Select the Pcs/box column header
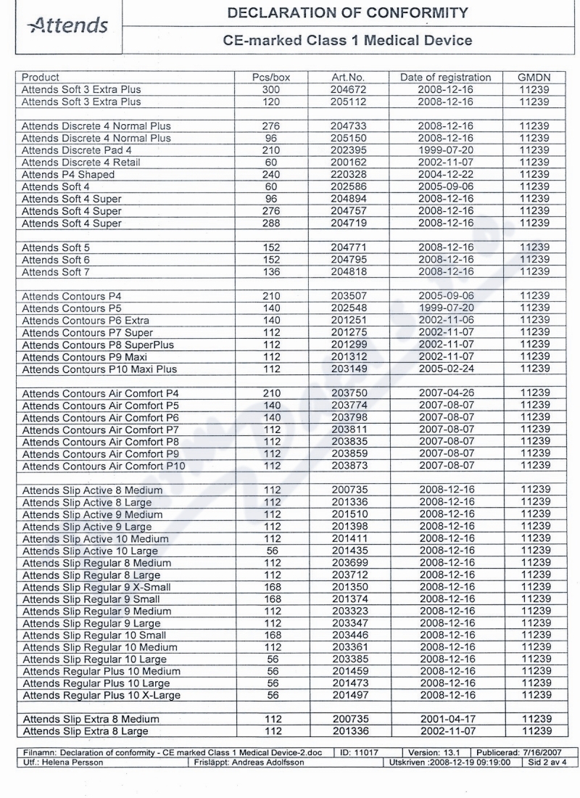(x=270, y=78)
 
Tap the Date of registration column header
(x=445, y=78)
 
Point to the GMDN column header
(x=535, y=78)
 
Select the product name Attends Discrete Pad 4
(x=76, y=150)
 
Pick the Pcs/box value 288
(x=270, y=223)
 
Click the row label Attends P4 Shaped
(x=68, y=175)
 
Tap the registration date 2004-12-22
(x=445, y=175)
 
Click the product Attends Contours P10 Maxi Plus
(x=99, y=369)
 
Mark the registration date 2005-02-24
(x=445, y=369)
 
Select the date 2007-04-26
(x=445, y=393)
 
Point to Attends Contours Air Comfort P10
(x=104, y=466)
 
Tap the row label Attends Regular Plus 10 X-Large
(x=101, y=696)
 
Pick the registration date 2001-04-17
(x=445, y=719)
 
